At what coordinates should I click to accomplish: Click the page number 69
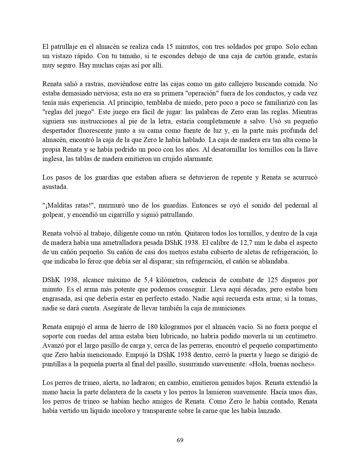point(180,440)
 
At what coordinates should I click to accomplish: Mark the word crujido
point(166,158)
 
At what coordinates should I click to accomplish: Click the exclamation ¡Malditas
point(56,205)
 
